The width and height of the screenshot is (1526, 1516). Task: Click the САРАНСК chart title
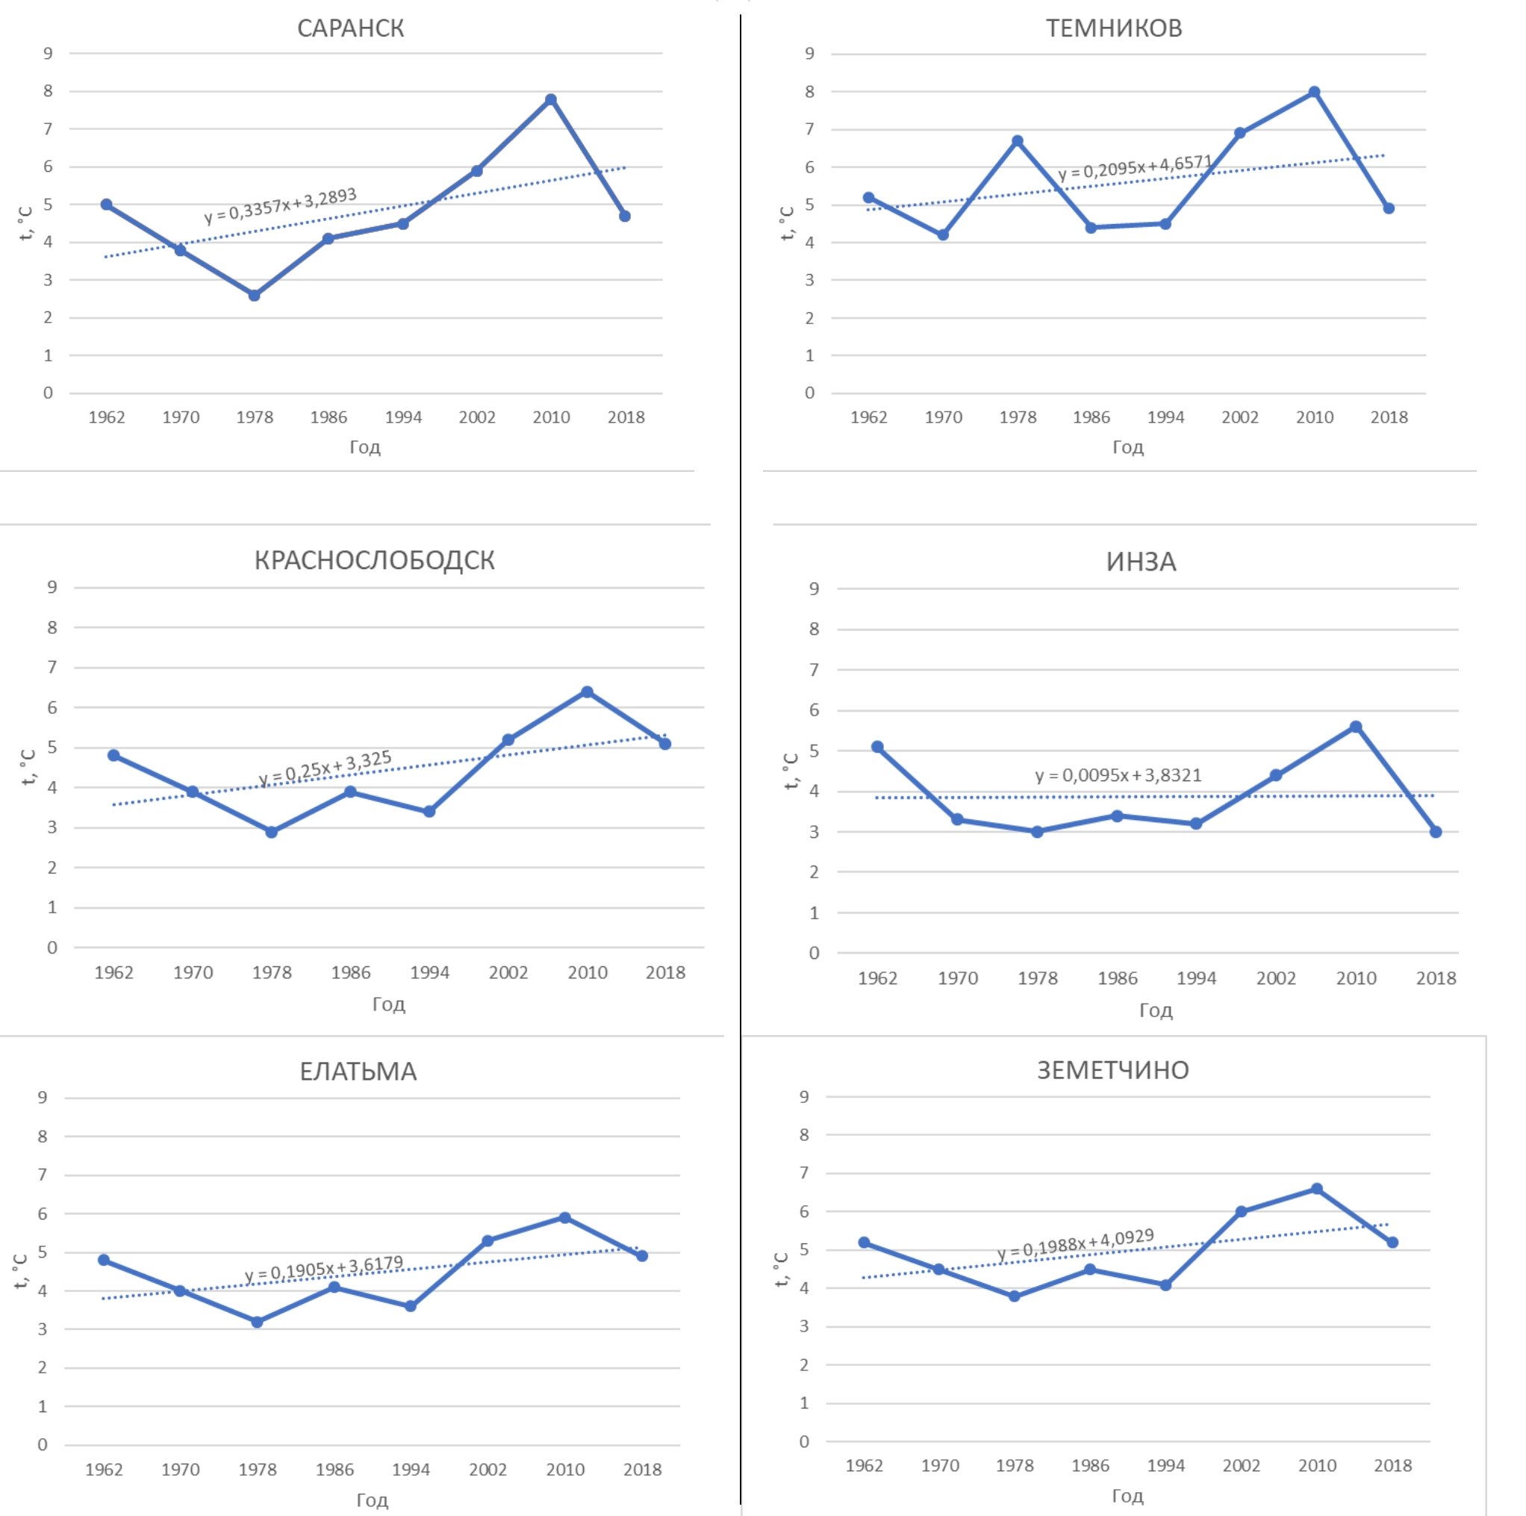(x=350, y=28)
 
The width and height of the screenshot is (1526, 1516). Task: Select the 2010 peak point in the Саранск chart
(x=550, y=99)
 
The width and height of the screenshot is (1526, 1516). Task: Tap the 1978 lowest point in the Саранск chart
(x=255, y=296)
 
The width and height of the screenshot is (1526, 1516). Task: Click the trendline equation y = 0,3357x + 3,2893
(x=281, y=205)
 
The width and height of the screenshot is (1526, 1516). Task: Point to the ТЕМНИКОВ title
(x=1114, y=28)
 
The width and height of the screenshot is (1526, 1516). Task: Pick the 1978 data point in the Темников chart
(x=1018, y=140)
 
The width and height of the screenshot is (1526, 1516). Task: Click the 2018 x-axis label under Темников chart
(x=1389, y=417)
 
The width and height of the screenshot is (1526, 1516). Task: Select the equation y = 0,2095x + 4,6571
(x=1135, y=167)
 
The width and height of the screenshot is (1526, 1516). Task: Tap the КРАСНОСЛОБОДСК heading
(x=373, y=560)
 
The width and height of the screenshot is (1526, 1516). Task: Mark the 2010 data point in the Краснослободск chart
(x=587, y=692)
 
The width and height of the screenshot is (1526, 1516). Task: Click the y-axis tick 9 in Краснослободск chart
(x=52, y=587)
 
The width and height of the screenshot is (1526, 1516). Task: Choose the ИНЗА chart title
(x=1141, y=562)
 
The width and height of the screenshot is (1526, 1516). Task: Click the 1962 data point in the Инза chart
(x=877, y=747)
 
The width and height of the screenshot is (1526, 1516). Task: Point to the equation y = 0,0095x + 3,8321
(x=1118, y=775)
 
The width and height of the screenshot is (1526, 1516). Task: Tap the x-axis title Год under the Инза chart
(x=1156, y=1010)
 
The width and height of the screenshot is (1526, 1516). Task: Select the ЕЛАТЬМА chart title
(x=358, y=1071)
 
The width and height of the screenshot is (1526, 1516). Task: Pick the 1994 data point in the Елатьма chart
(x=411, y=1307)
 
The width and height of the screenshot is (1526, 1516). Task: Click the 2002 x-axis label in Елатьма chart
(x=488, y=1470)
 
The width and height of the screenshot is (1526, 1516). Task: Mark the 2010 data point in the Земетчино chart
(x=1317, y=1189)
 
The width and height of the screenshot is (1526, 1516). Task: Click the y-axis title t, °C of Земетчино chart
(x=781, y=1270)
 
